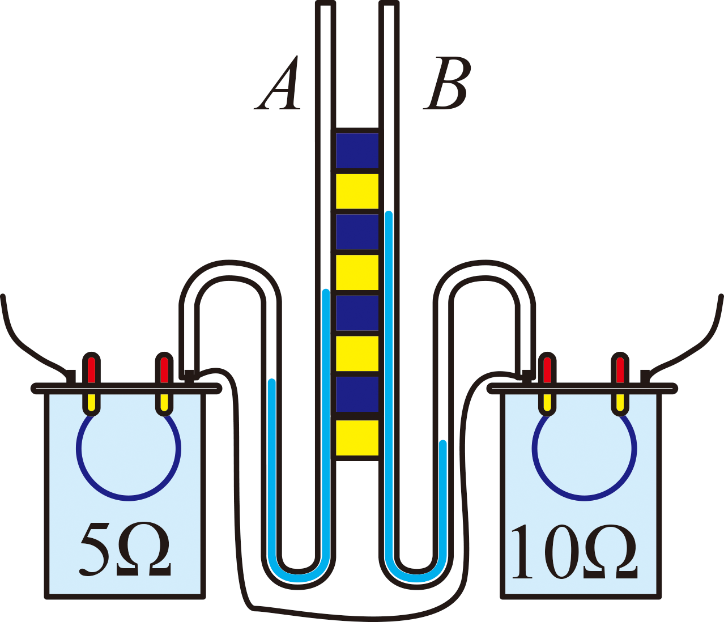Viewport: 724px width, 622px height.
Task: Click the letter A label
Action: (278, 83)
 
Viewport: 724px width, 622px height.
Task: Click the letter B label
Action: (445, 83)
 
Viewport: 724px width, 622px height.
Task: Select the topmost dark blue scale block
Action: (357, 151)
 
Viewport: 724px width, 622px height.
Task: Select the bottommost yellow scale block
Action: (357, 438)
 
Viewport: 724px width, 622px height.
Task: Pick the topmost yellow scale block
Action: (357, 191)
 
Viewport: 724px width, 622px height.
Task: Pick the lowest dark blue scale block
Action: (357, 394)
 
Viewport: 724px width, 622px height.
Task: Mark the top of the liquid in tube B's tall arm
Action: (389, 214)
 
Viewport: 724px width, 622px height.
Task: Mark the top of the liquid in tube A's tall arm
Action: (326, 291)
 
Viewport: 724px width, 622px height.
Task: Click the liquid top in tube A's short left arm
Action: (272, 382)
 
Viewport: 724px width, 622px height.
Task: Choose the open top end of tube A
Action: (326, 3)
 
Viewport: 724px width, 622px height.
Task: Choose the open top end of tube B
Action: (389, 3)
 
